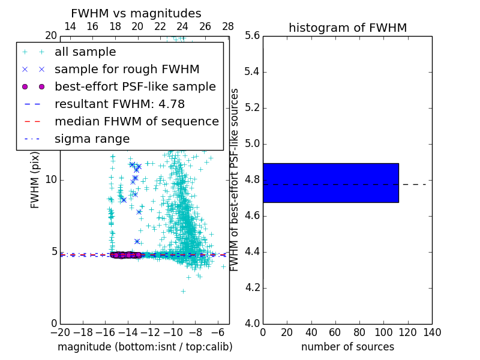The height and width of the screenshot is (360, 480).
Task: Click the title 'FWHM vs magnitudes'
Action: [x=136, y=13]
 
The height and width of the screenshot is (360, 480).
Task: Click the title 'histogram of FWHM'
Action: [x=347, y=28]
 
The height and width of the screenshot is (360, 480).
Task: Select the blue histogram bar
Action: [x=331, y=182]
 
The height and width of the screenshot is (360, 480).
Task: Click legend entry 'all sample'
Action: [x=85, y=52]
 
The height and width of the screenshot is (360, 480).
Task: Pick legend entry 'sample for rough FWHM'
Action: [x=127, y=70]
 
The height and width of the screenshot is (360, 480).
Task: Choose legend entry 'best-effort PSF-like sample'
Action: [x=135, y=87]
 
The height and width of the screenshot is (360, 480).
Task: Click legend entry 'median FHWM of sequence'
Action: [x=136, y=122]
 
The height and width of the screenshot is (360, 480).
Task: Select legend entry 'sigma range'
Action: [x=92, y=139]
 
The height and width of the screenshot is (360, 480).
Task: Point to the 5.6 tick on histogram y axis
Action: [x=252, y=36]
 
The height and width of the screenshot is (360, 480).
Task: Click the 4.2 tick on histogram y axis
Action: [x=252, y=288]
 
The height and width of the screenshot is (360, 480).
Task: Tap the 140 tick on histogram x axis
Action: [x=432, y=332]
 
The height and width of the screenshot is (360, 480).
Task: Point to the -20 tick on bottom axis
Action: [x=60, y=332]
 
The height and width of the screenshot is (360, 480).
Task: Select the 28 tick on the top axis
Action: [x=228, y=26]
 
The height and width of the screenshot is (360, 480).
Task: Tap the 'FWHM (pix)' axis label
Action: [x=35, y=180]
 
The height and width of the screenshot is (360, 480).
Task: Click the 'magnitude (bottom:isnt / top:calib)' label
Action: [x=145, y=347]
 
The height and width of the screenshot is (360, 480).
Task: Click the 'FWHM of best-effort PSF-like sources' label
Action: [x=235, y=180]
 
